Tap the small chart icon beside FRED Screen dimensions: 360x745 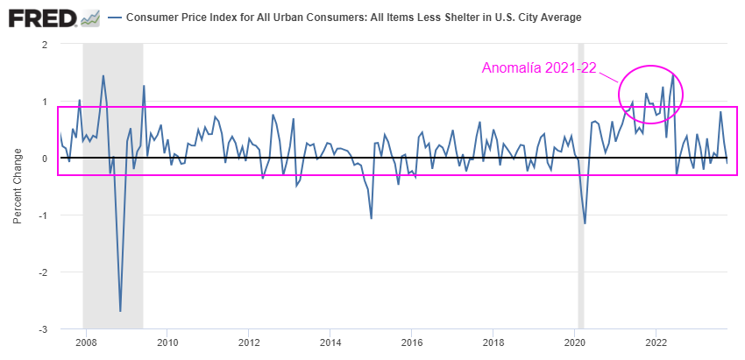[x=89, y=18]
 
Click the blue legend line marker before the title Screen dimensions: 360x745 [x=116, y=18]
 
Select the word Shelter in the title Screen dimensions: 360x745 [x=451, y=18]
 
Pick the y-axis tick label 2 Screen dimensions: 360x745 [x=43, y=45]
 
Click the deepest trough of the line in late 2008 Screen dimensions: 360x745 [x=120, y=311]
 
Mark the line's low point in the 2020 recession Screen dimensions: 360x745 [x=585, y=223]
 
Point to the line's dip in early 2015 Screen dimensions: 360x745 [x=372, y=218]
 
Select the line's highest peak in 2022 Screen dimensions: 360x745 [x=673, y=74]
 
